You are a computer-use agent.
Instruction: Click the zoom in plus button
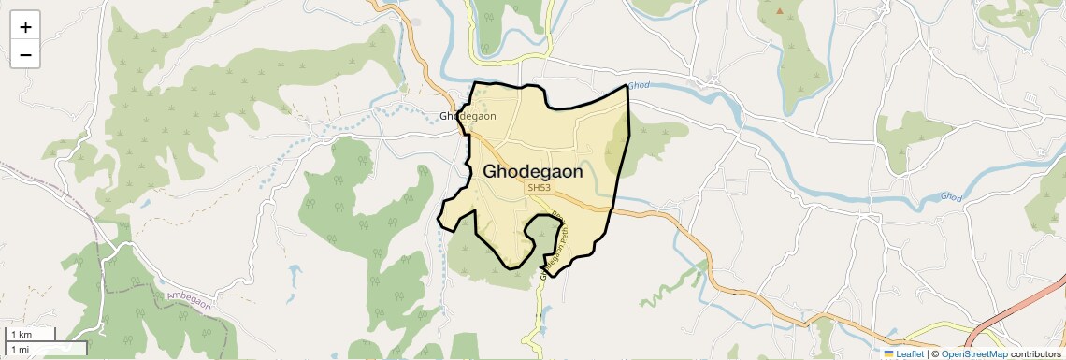(x=25, y=27)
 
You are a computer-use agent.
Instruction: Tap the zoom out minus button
(x=25, y=55)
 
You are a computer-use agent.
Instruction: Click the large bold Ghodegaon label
(x=533, y=172)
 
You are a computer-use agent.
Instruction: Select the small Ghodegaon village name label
(x=468, y=116)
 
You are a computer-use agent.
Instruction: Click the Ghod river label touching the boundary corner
(x=639, y=86)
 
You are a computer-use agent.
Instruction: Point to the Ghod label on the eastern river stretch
(x=951, y=197)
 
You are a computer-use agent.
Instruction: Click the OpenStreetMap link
(x=974, y=353)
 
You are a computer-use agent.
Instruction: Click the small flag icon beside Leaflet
(x=888, y=353)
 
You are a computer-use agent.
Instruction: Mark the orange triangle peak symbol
(x=780, y=11)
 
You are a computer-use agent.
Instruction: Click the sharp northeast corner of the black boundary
(x=626, y=86)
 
